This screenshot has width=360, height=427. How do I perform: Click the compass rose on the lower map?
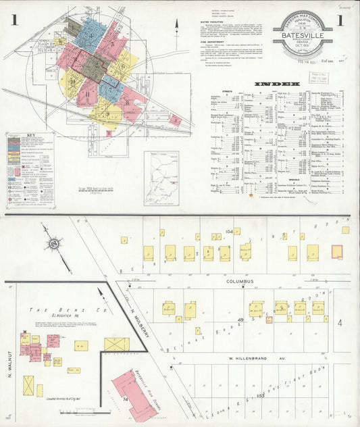pyautogui.click(x=53, y=244)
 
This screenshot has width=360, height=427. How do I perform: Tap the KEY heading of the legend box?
pyautogui.click(x=29, y=135)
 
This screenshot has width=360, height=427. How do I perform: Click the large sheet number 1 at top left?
pyautogui.click(x=14, y=20)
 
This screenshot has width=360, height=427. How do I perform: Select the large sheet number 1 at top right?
pyautogui.click(x=340, y=20)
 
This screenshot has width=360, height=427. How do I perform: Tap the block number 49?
pyautogui.click(x=240, y=319)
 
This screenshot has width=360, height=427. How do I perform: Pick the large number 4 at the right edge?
pyautogui.click(x=340, y=323)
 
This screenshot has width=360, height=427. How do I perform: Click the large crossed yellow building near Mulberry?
pyautogui.click(x=116, y=345)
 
